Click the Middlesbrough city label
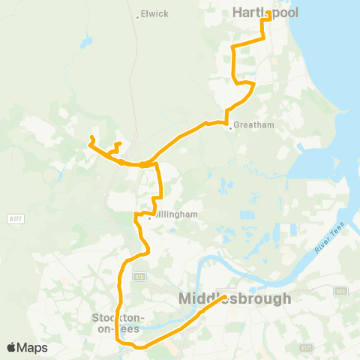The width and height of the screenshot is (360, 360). tap(235, 298)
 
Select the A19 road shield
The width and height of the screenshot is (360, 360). tap(139, 277)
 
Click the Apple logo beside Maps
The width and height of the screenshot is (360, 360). tap(12, 347)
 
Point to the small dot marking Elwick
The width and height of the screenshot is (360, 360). tap(138, 16)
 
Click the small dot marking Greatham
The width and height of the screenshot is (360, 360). tap(230, 127)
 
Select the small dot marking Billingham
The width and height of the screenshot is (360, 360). tap(150, 218)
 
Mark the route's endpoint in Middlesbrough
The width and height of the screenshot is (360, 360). tap(223, 298)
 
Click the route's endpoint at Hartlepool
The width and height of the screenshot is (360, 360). tap(268, 13)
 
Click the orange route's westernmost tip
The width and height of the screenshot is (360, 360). tap(91, 137)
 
